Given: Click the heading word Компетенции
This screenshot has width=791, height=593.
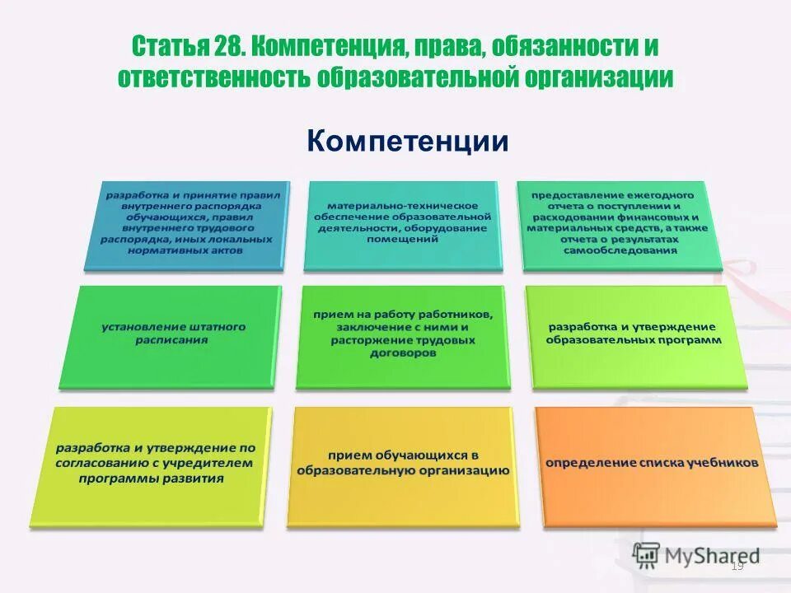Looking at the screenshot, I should [x=408, y=141].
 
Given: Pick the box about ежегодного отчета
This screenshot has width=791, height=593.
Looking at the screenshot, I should [x=620, y=224].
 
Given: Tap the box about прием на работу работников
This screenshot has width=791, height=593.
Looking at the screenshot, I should [x=403, y=334].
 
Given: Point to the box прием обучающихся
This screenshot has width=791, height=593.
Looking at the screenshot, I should [x=401, y=465].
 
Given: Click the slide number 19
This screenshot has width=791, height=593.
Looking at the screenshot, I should [x=737, y=567].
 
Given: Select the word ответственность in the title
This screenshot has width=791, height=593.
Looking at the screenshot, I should [x=213, y=78].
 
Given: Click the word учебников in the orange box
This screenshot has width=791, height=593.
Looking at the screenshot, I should [x=724, y=464].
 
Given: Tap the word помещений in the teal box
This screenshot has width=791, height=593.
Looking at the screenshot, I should [x=403, y=239].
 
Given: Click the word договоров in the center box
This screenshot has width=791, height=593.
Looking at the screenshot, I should [x=403, y=353].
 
